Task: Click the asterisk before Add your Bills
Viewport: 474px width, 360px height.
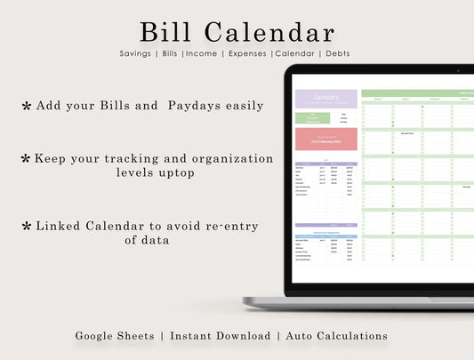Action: coord(26,106)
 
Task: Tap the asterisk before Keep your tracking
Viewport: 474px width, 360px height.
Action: coord(26,158)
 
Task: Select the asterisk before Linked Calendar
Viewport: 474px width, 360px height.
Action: coord(26,227)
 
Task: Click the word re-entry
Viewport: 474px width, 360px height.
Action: coord(229,226)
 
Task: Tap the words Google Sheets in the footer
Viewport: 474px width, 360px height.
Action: coord(113,336)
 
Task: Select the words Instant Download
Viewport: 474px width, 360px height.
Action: coord(221,336)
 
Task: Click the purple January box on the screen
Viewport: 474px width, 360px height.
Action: coord(325,99)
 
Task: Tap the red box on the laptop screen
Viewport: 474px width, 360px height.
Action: coord(325,140)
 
